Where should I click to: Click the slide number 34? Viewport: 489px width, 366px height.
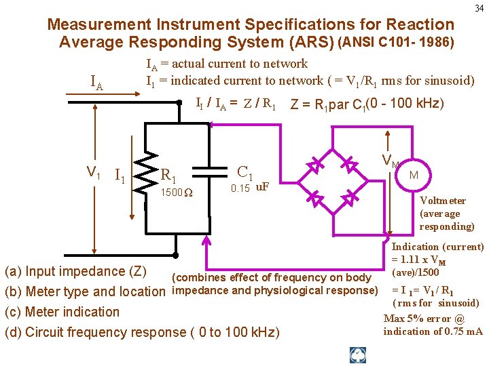(x=479, y=8)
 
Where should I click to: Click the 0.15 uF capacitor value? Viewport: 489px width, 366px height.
(x=250, y=188)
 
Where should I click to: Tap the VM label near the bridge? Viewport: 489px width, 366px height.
(x=390, y=161)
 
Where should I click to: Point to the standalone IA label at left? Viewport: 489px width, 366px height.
(x=97, y=85)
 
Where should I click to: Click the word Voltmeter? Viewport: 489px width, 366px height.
(x=443, y=201)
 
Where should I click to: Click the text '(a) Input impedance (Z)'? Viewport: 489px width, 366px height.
(x=75, y=272)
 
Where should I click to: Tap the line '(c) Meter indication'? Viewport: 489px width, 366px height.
(x=62, y=312)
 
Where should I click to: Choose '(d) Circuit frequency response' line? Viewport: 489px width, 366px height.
(x=141, y=332)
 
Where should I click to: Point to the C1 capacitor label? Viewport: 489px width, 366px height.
(x=245, y=171)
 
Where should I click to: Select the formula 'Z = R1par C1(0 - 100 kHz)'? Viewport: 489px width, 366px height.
(x=367, y=104)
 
